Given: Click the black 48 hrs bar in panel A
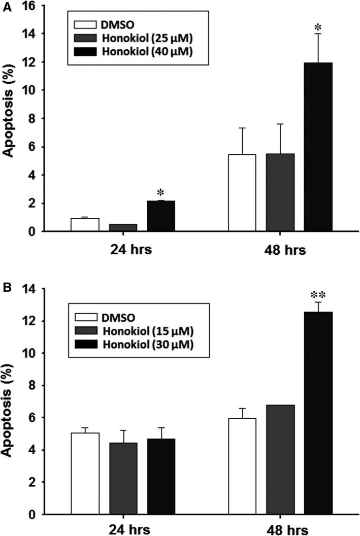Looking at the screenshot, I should tap(318, 147).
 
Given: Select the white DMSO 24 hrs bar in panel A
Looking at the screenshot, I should tap(85, 225).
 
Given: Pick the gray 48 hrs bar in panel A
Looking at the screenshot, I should tap(280, 193).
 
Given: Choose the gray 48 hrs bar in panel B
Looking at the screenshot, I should tap(280, 459).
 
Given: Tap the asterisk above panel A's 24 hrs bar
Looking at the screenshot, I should tap(161, 193).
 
